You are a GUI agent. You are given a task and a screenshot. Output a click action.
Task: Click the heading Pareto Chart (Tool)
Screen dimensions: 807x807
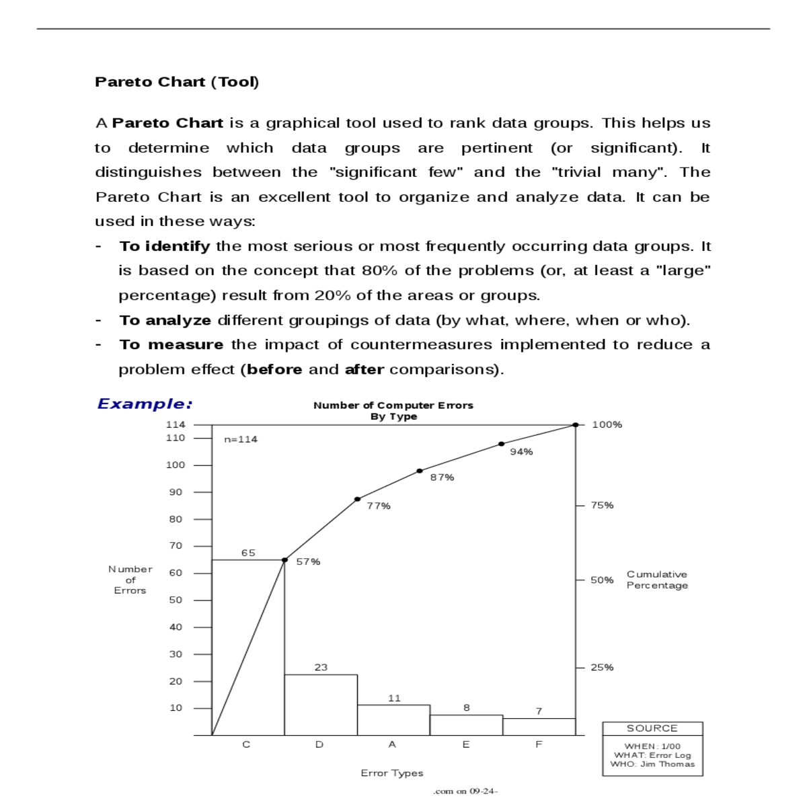click(x=177, y=82)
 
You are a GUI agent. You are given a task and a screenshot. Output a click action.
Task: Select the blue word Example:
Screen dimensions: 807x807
click(x=145, y=404)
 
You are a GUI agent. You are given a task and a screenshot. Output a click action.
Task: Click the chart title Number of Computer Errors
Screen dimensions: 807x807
click(x=393, y=406)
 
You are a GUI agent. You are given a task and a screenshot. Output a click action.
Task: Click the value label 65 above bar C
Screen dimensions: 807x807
click(x=248, y=553)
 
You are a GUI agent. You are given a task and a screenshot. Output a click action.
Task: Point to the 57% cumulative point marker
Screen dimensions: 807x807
click(x=284, y=560)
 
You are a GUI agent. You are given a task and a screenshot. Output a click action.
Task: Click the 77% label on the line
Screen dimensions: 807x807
click(x=379, y=506)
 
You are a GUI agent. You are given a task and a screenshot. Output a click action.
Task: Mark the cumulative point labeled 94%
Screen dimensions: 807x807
click(x=502, y=444)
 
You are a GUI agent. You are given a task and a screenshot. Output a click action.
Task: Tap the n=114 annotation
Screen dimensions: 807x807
click(x=241, y=439)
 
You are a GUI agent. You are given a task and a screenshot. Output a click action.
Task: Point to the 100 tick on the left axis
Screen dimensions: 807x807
click(x=176, y=465)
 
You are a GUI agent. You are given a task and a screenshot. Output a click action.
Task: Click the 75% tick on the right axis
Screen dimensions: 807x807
click(x=602, y=505)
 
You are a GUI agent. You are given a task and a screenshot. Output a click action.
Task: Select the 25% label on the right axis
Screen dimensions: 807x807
click(x=602, y=667)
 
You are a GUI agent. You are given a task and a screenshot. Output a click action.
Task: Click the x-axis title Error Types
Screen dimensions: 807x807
click(x=392, y=773)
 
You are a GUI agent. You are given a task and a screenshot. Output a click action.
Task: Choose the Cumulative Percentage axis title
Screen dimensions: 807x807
click(x=657, y=580)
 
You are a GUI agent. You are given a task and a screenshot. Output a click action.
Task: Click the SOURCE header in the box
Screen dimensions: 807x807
click(x=652, y=728)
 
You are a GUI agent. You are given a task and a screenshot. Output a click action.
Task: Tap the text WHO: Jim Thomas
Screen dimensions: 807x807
click(x=652, y=764)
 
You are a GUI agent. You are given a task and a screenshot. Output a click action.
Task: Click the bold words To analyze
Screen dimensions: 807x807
click(x=165, y=320)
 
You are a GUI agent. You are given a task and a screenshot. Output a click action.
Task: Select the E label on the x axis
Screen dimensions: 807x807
click(x=466, y=744)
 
